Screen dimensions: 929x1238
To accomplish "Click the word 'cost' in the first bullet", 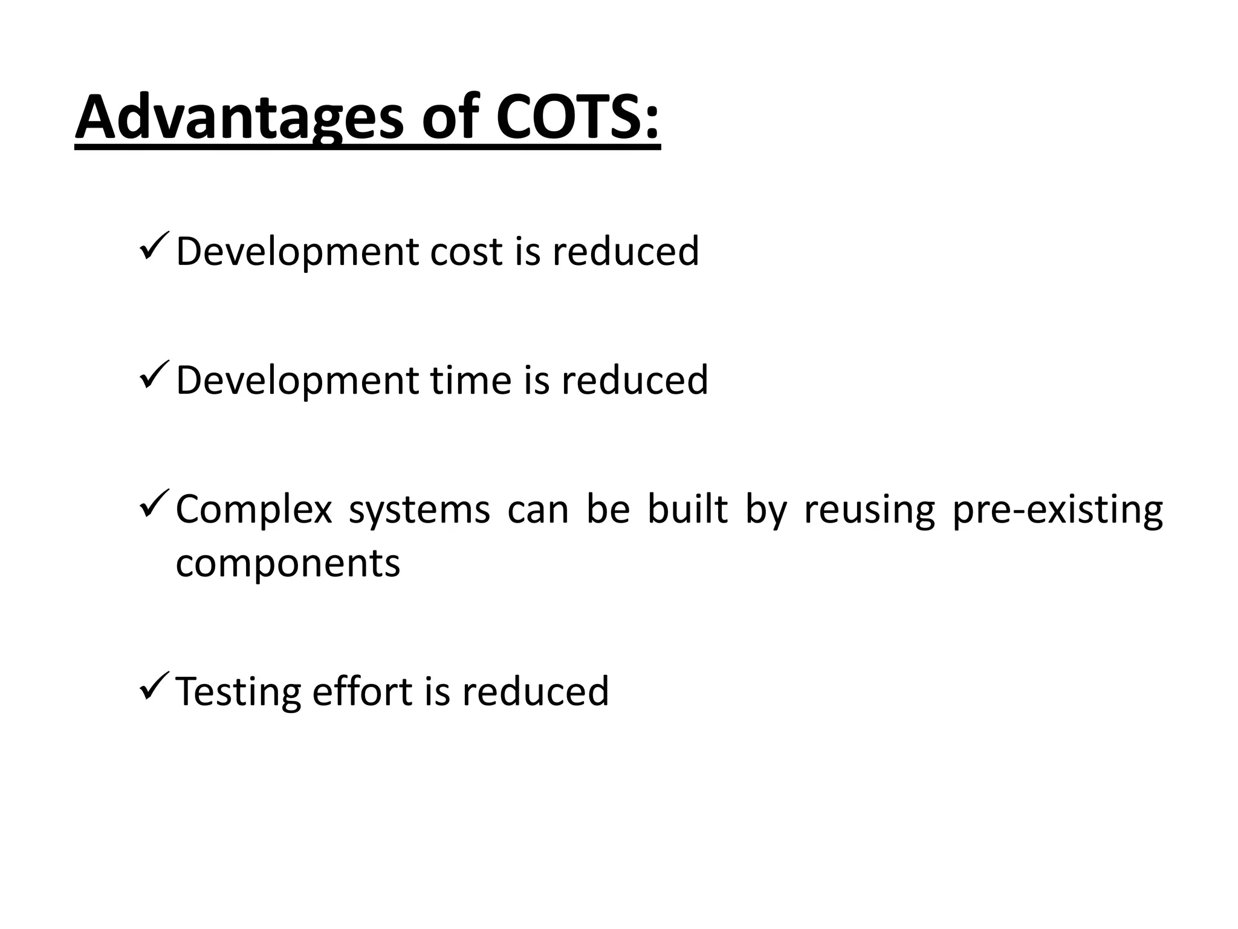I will click(x=466, y=251).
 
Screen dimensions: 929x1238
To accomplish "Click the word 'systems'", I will click(x=420, y=510).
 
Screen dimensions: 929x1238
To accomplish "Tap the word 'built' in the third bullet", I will click(x=687, y=510).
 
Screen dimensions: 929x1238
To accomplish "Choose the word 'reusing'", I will click(x=869, y=510).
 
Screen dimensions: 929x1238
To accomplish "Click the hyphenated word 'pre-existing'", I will click(x=1057, y=510).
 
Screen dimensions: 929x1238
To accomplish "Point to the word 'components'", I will click(x=288, y=564).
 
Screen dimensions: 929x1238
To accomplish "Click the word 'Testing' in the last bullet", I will click(x=238, y=692).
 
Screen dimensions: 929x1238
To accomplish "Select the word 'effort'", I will click(x=362, y=692).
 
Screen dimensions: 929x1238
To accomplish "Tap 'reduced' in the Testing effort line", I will click(x=536, y=692).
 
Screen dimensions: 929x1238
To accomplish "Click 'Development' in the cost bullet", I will click(x=296, y=251).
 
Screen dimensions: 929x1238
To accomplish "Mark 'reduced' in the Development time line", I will click(x=635, y=380).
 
